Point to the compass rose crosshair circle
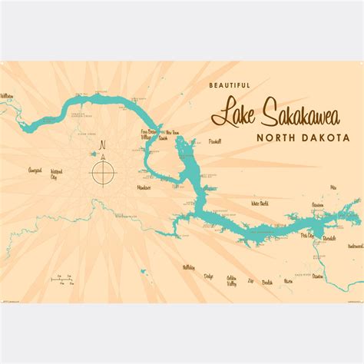point(102,171)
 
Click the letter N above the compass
point(102,144)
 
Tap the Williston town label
point(7,95)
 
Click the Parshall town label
point(216,142)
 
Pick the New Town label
point(173,133)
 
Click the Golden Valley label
point(231,277)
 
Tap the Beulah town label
point(266,282)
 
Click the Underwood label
point(355,246)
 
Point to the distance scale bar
point(58,279)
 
